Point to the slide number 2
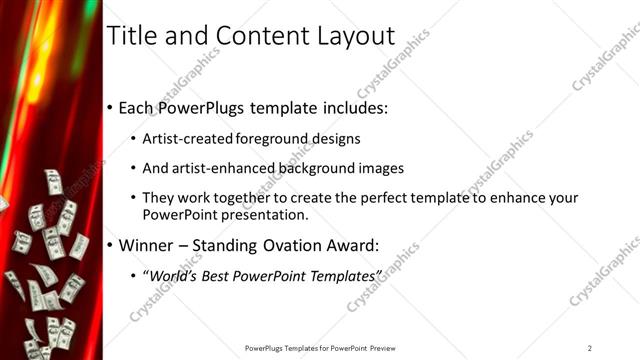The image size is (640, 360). pos(590,348)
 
